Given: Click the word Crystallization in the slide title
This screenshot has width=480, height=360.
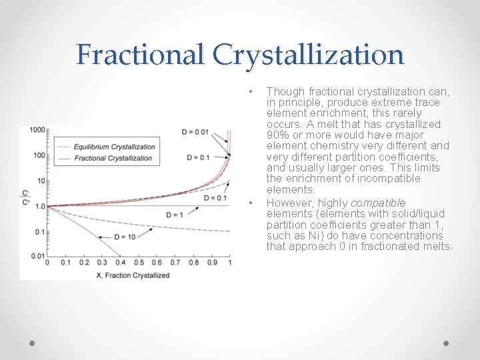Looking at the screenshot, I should (x=309, y=54).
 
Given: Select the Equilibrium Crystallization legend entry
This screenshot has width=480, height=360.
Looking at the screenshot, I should (x=114, y=147).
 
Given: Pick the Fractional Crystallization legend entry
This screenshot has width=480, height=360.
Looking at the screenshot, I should (x=113, y=158).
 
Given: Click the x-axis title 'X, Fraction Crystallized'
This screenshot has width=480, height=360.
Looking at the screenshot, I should (x=138, y=275).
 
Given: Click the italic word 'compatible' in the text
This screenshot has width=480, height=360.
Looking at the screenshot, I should (x=378, y=203).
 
